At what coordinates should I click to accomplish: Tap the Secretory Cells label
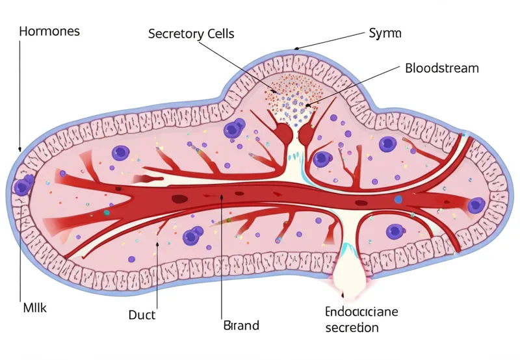(191, 33)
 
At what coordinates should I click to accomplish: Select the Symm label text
(385, 32)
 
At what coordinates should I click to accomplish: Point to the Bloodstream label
(441, 68)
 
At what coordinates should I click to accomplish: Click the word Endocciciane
(361, 312)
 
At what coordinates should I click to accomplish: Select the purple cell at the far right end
(476, 205)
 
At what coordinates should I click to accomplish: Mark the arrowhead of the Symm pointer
(296, 49)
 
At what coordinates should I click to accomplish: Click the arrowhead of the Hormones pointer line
(20, 149)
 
